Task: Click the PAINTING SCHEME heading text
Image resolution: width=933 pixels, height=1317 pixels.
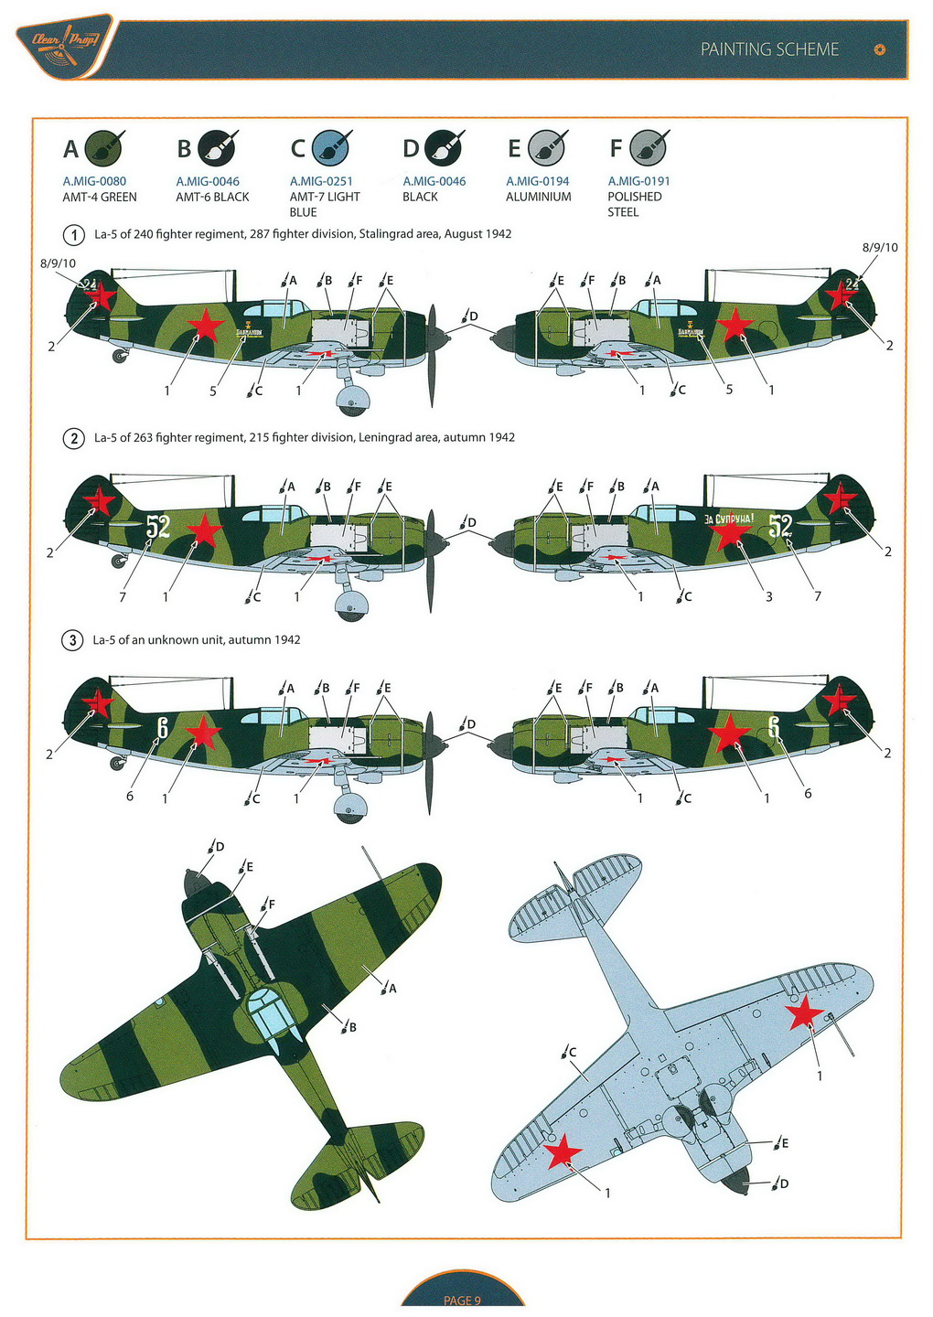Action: coord(769,49)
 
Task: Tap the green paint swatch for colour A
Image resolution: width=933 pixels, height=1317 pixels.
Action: coord(103,147)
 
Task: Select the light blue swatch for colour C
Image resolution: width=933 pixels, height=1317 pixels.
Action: coord(330,147)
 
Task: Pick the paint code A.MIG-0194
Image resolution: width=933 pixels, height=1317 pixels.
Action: coord(538,181)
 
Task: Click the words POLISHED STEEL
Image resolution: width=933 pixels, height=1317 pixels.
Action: coord(634,204)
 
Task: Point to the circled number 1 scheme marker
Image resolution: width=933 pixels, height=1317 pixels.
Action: coord(73,234)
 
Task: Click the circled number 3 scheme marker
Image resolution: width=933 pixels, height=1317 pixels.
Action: coord(73,640)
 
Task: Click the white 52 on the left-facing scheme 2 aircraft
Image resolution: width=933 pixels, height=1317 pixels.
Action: coord(157,526)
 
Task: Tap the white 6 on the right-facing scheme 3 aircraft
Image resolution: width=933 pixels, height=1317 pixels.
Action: coord(774,728)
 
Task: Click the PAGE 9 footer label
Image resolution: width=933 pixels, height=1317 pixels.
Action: coord(462,1301)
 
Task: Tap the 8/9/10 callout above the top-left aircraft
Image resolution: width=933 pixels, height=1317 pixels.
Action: coord(58,263)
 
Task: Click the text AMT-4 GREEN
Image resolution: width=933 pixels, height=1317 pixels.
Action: coord(100,197)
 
